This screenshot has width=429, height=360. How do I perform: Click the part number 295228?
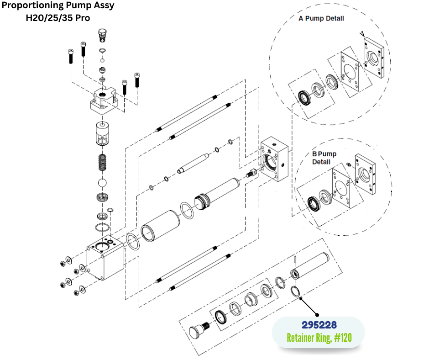click(319, 325)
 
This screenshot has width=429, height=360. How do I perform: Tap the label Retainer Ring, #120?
click(319, 339)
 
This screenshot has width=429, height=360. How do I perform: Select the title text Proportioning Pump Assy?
click(58, 6)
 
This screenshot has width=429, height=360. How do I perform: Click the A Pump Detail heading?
click(321, 19)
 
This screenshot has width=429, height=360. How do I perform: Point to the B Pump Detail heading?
click(324, 158)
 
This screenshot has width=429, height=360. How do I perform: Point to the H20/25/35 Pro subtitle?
click(58, 18)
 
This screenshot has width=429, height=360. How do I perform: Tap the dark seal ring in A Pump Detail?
click(303, 97)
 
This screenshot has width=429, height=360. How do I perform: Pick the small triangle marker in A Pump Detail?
click(362, 33)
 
